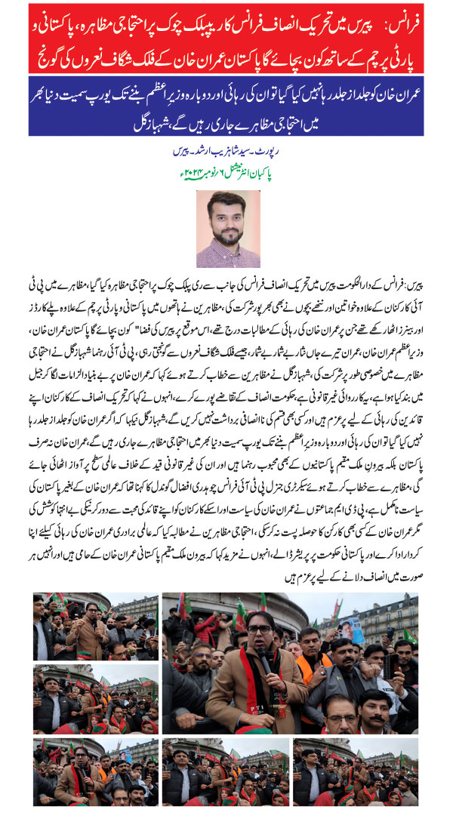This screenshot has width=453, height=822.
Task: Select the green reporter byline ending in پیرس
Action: click(226, 151)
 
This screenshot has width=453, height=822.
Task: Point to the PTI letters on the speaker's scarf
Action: click(260, 706)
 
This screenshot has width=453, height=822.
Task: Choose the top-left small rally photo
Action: click(95, 626)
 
